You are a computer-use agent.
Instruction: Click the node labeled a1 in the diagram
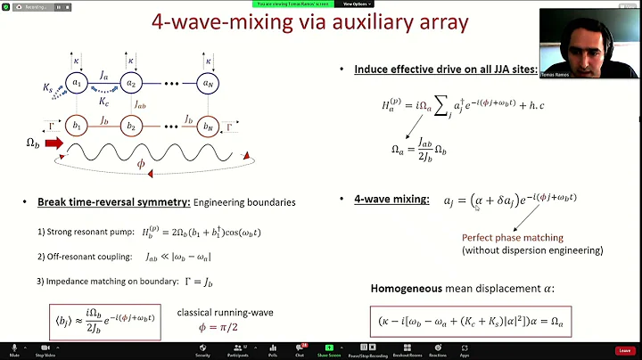click(x=78, y=85)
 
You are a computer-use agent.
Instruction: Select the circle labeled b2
click(x=131, y=126)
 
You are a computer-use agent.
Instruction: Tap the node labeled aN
click(x=208, y=85)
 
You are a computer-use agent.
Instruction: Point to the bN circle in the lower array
click(x=208, y=126)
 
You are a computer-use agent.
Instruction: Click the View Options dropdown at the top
click(x=355, y=4)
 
